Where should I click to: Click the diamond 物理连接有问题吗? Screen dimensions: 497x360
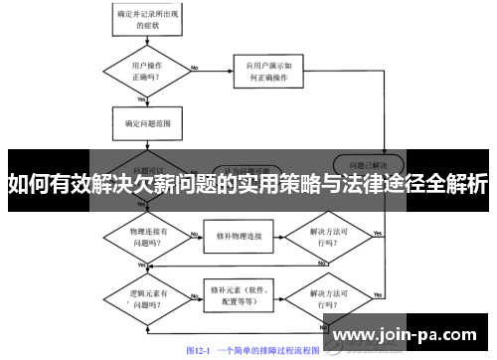pos(145,235)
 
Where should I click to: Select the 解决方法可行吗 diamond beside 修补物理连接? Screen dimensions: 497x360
pos(326,235)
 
